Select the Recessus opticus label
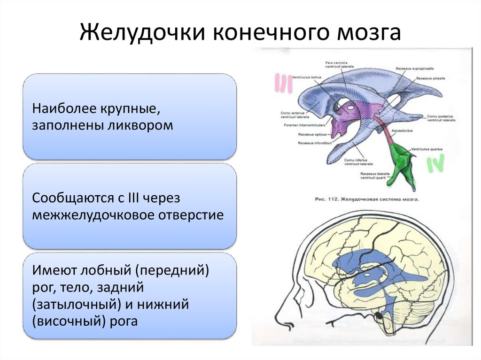pyautogui.click(x=308, y=134)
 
